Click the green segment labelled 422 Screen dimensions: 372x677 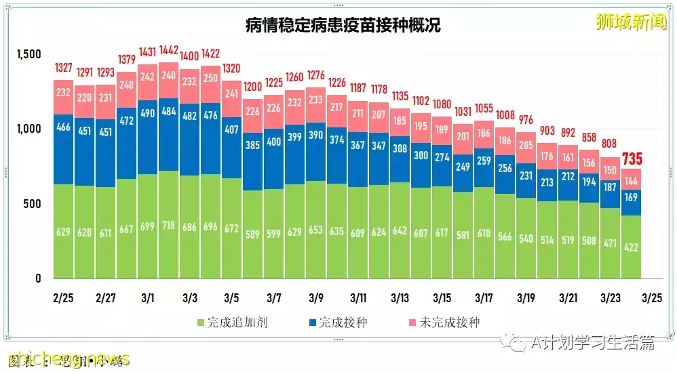[632, 247]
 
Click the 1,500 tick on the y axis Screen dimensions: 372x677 [29, 54]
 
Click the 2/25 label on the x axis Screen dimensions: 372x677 [63, 298]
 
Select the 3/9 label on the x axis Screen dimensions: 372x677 [315, 298]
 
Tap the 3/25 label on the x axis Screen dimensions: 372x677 [652, 298]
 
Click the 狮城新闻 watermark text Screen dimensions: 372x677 [630, 22]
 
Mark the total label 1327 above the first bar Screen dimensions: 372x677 [63, 69]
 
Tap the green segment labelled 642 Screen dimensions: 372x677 [400, 230]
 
